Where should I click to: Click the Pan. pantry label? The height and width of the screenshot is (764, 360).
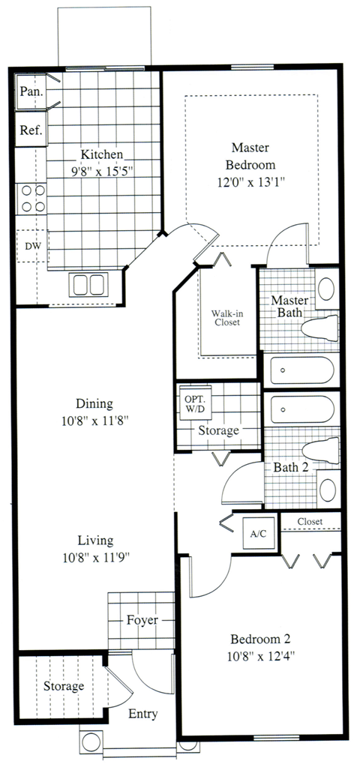(31, 92)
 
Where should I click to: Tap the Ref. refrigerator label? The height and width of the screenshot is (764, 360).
(31, 130)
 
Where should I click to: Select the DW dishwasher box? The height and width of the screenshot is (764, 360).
(32, 246)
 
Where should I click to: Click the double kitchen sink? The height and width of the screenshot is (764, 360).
(89, 285)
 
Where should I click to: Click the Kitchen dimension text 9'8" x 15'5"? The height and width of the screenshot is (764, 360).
(102, 172)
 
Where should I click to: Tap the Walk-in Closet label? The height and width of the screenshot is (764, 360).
(224, 316)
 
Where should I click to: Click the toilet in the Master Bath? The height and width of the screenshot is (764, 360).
(321, 328)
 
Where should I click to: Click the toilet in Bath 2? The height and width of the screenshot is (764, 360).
(321, 451)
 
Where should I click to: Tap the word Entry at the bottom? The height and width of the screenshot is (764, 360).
(142, 714)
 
